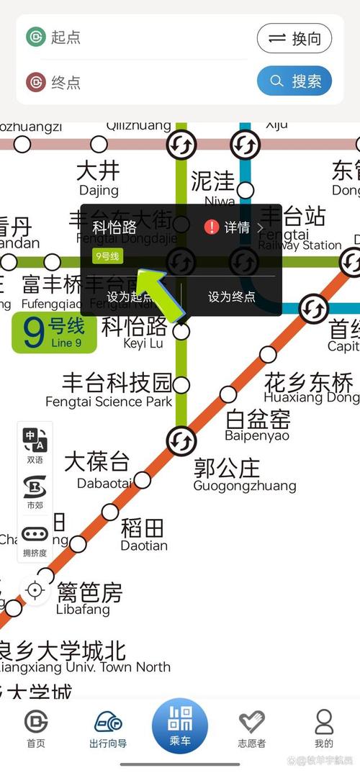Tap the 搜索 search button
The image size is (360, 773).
tap(294, 81)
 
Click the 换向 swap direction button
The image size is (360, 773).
tap(294, 39)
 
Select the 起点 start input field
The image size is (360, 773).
tap(137, 37)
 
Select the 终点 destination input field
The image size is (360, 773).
tap(137, 82)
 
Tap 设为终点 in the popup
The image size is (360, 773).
tap(231, 296)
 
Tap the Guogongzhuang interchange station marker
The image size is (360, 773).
tap(181, 438)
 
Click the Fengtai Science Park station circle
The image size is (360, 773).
tap(181, 385)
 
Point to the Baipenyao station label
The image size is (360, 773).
tap(257, 425)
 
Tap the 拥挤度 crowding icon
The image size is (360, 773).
tap(35, 541)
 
